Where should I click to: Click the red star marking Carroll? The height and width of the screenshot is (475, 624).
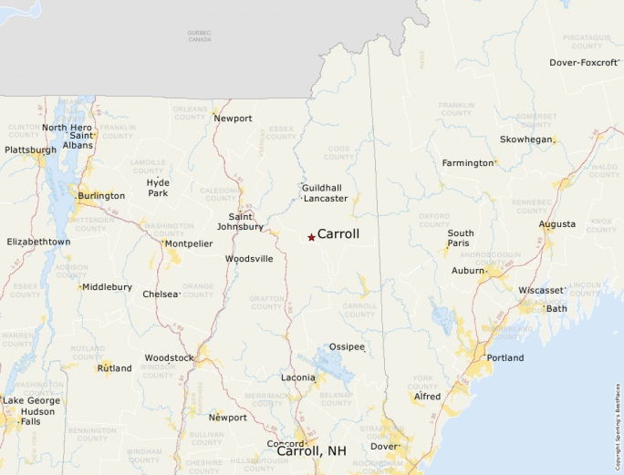coord(311,237)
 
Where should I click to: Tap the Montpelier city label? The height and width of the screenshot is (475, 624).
coord(189,243)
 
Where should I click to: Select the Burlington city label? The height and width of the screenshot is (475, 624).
coord(101,196)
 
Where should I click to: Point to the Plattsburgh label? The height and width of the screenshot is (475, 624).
coord(30,150)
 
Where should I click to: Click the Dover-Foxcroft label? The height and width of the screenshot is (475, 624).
coord(584,63)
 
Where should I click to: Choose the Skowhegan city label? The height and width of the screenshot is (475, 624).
coord(526,139)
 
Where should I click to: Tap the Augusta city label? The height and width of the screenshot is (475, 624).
coord(557,224)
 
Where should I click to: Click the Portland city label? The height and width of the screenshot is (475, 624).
coord(505,357)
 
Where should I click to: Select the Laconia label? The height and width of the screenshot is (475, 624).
coord(297,377)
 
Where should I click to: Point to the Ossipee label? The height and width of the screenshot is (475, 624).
coord(347,347)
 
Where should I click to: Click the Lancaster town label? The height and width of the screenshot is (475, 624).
coord(326,198)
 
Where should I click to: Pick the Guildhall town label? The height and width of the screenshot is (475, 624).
coord(322,187)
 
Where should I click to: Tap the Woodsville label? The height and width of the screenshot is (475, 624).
coord(249,259)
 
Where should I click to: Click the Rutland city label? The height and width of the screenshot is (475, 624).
coord(115,368)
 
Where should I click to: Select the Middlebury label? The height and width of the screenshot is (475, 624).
coord(107,287)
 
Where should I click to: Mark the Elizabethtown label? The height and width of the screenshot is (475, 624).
coord(38,242)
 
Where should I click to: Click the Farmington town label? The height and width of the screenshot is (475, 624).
coord(467,163)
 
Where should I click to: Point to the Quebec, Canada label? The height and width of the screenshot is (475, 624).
coord(199,36)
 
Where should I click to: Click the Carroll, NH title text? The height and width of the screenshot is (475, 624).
coord(311,451)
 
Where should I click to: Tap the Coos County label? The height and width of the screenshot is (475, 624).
coord(338,151)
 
